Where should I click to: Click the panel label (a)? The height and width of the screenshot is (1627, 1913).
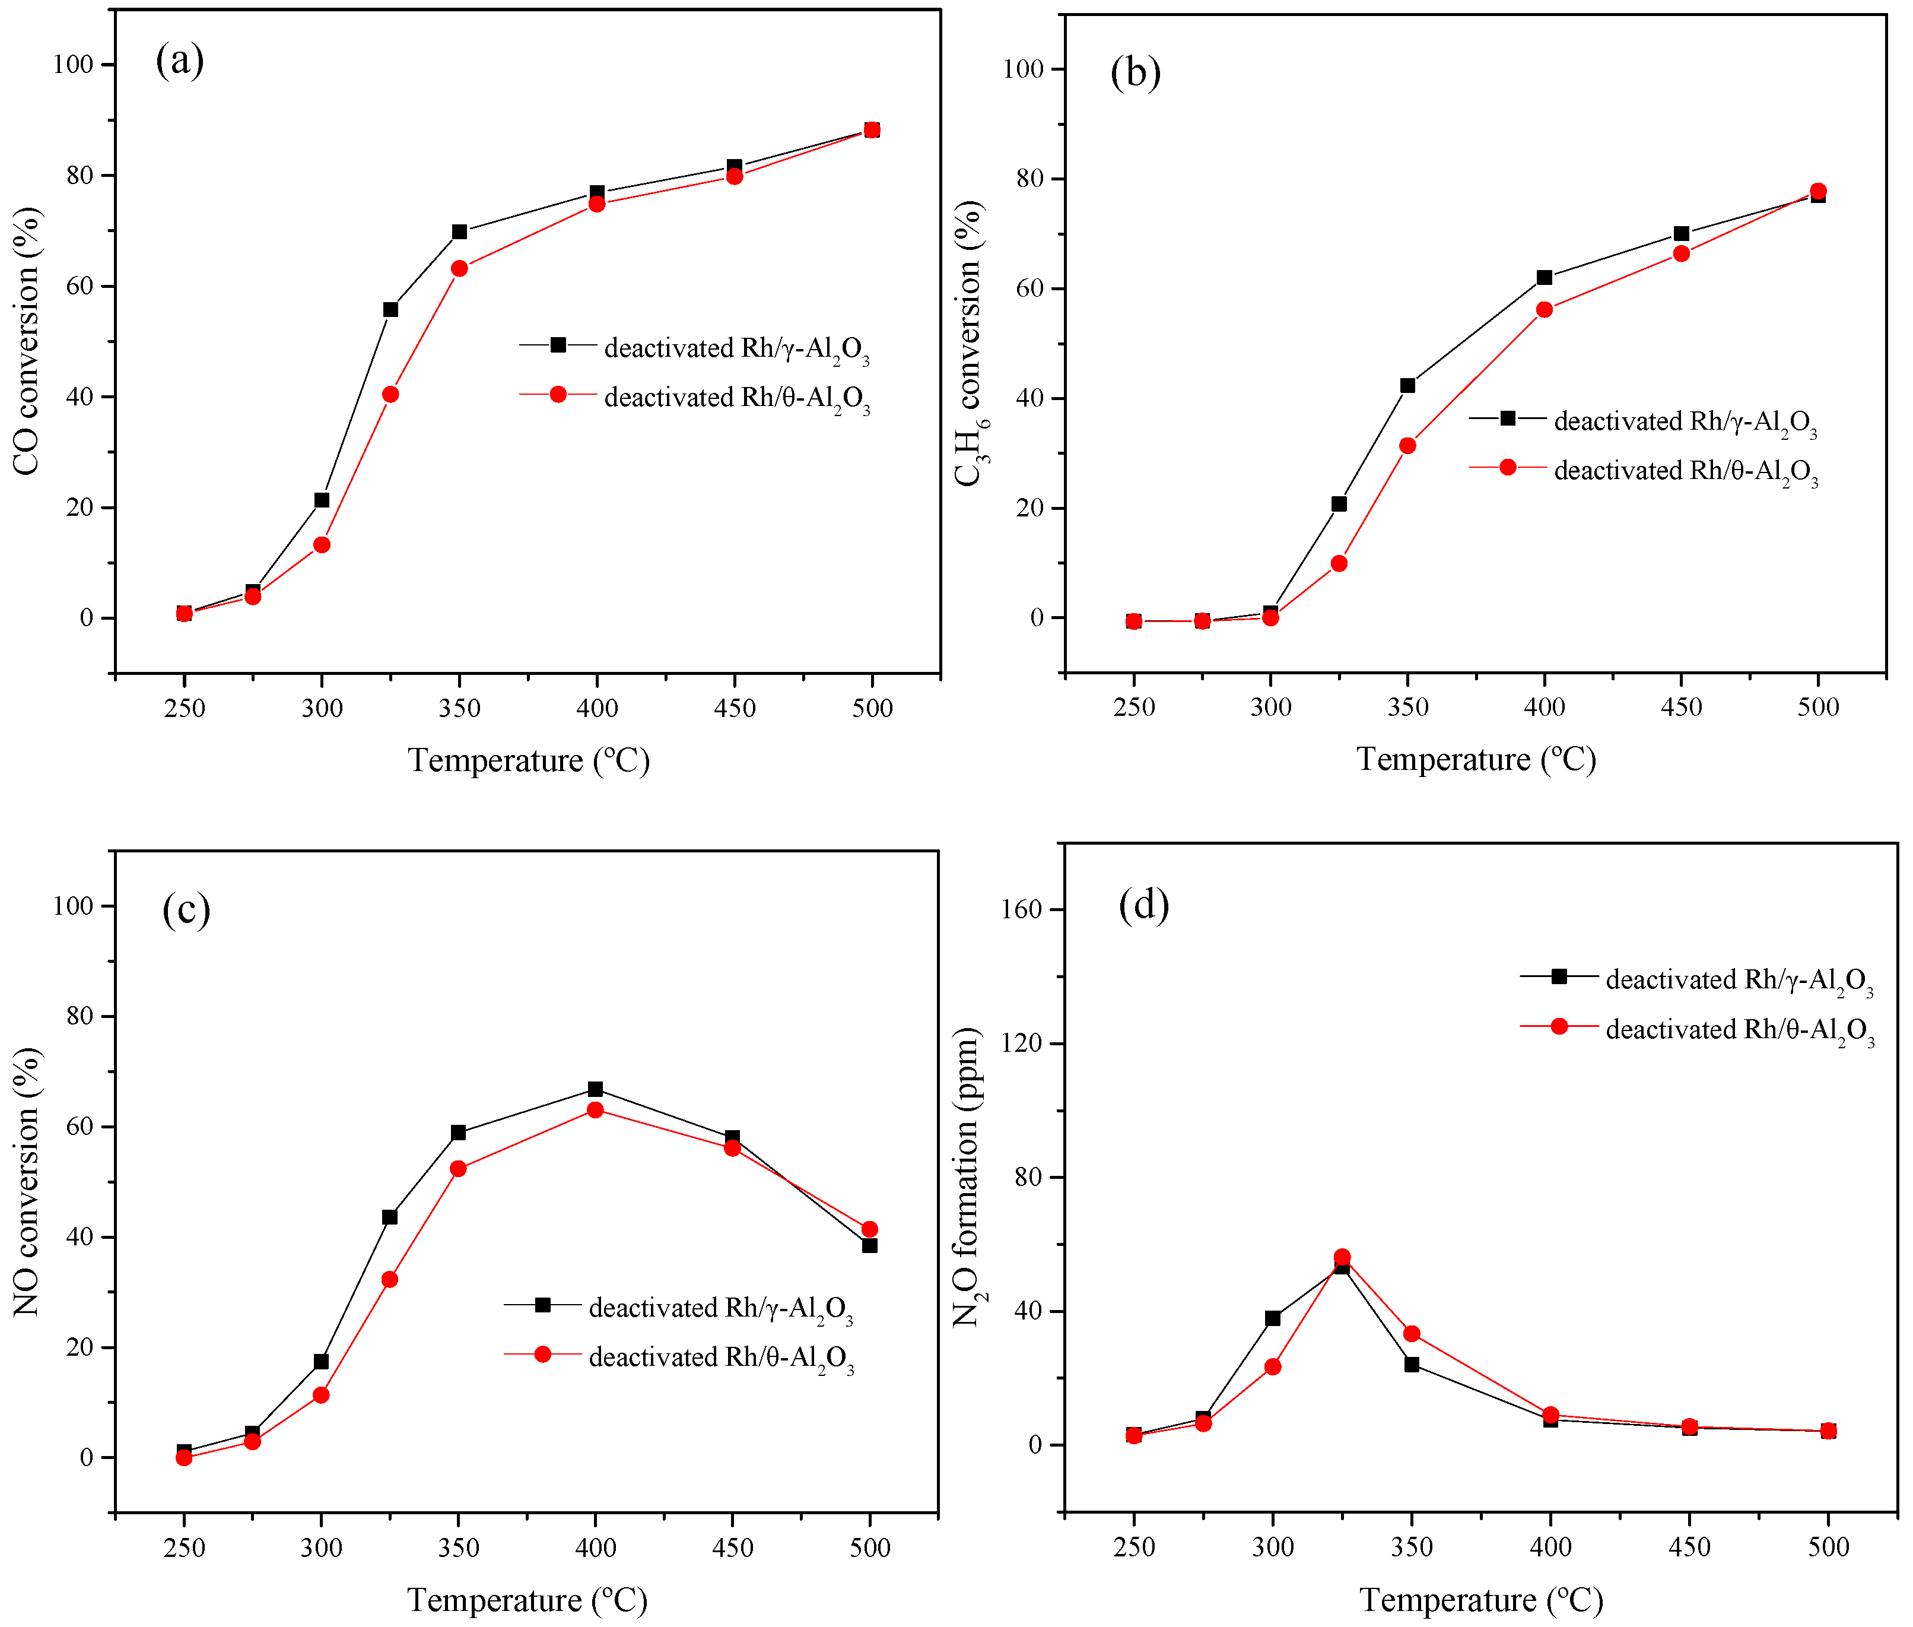point(180,61)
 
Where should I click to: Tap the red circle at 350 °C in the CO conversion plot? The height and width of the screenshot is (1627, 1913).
point(459,268)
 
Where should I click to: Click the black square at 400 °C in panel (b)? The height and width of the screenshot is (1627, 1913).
point(1545,278)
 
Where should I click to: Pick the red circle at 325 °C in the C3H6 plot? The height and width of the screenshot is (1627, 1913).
point(1339,563)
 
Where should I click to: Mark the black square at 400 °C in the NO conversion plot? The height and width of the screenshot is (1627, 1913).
point(596,1089)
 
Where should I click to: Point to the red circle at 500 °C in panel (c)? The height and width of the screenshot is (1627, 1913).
point(869,1229)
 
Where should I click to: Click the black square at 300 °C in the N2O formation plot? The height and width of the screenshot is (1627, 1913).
point(1272,1318)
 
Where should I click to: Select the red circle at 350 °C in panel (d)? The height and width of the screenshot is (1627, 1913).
point(1412,1334)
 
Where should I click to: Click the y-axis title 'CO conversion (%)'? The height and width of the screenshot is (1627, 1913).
point(28,341)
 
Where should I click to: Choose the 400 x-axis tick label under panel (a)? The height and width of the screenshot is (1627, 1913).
point(596,708)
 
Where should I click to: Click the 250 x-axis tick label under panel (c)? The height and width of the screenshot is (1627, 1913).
point(185,1547)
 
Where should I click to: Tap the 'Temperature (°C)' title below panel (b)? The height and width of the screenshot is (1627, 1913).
point(1475,759)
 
